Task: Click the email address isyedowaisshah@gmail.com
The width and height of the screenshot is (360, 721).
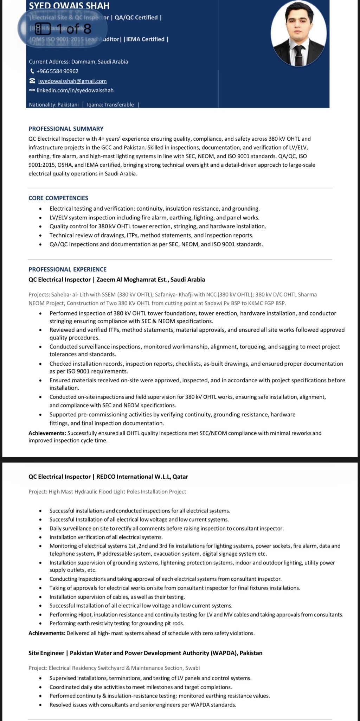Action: click(x=72, y=81)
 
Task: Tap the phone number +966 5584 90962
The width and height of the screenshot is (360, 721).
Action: click(x=57, y=71)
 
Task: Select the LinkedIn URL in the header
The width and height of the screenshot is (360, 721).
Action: click(x=75, y=90)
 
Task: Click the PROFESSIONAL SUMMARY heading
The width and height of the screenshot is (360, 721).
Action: click(x=66, y=129)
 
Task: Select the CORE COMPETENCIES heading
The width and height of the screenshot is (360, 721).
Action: click(x=58, y=198)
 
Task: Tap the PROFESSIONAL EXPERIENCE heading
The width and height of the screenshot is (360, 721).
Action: click(x=67, y=269)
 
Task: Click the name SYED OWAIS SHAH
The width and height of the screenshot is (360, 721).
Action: click(x=69, y=6)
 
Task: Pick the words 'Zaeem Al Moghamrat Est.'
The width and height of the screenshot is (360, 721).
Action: click(x=132, y=280)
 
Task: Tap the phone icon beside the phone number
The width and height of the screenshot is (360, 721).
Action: click(x=32, y=71)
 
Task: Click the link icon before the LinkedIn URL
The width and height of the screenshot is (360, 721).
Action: click(x=32, y=90)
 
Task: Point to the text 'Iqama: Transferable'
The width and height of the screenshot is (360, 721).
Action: click(x=110, y=105)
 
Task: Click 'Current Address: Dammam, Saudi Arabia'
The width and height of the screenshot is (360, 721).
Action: click(x=78, y=62)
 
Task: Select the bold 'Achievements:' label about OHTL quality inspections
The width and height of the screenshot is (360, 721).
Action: click(x=47, y=433)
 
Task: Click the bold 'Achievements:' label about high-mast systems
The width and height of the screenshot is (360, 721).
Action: click(x=47, y=633)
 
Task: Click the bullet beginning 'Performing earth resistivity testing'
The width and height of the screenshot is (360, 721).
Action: click(x=117, y=623)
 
